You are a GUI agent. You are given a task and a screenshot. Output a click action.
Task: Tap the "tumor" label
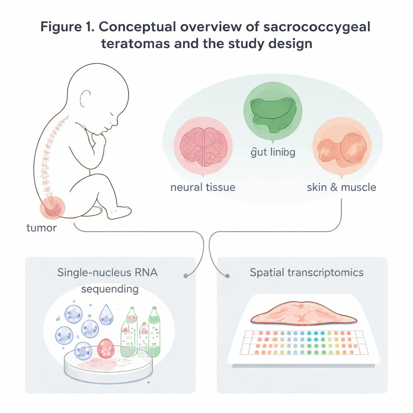pos(42,228)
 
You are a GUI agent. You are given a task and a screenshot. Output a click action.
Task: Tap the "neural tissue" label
pos(203,187)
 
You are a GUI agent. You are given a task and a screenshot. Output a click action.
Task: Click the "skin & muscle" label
pos(341,187)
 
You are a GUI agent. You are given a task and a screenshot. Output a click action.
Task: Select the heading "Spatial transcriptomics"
pos(307,272)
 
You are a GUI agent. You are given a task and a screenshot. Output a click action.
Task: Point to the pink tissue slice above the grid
pos(303,313)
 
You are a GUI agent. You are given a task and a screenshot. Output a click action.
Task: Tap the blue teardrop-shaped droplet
pos(106,314)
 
